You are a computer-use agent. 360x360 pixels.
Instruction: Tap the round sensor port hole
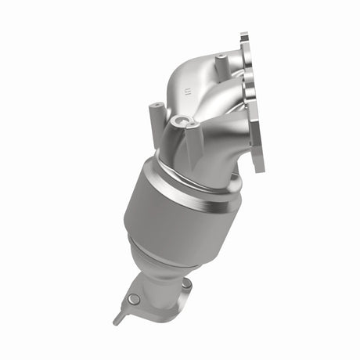(182, 121)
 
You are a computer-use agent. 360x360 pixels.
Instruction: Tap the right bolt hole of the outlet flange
(185, 286)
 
